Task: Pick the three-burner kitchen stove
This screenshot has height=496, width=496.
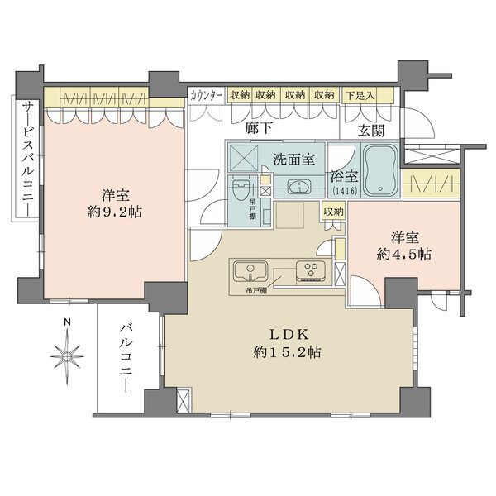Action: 312,271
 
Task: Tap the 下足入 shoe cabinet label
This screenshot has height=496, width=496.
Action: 360,95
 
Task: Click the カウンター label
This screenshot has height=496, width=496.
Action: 206,95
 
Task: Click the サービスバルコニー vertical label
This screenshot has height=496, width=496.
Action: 26,160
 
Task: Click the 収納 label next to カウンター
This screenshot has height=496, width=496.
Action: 241,95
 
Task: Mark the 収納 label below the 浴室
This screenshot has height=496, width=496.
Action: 333,212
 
